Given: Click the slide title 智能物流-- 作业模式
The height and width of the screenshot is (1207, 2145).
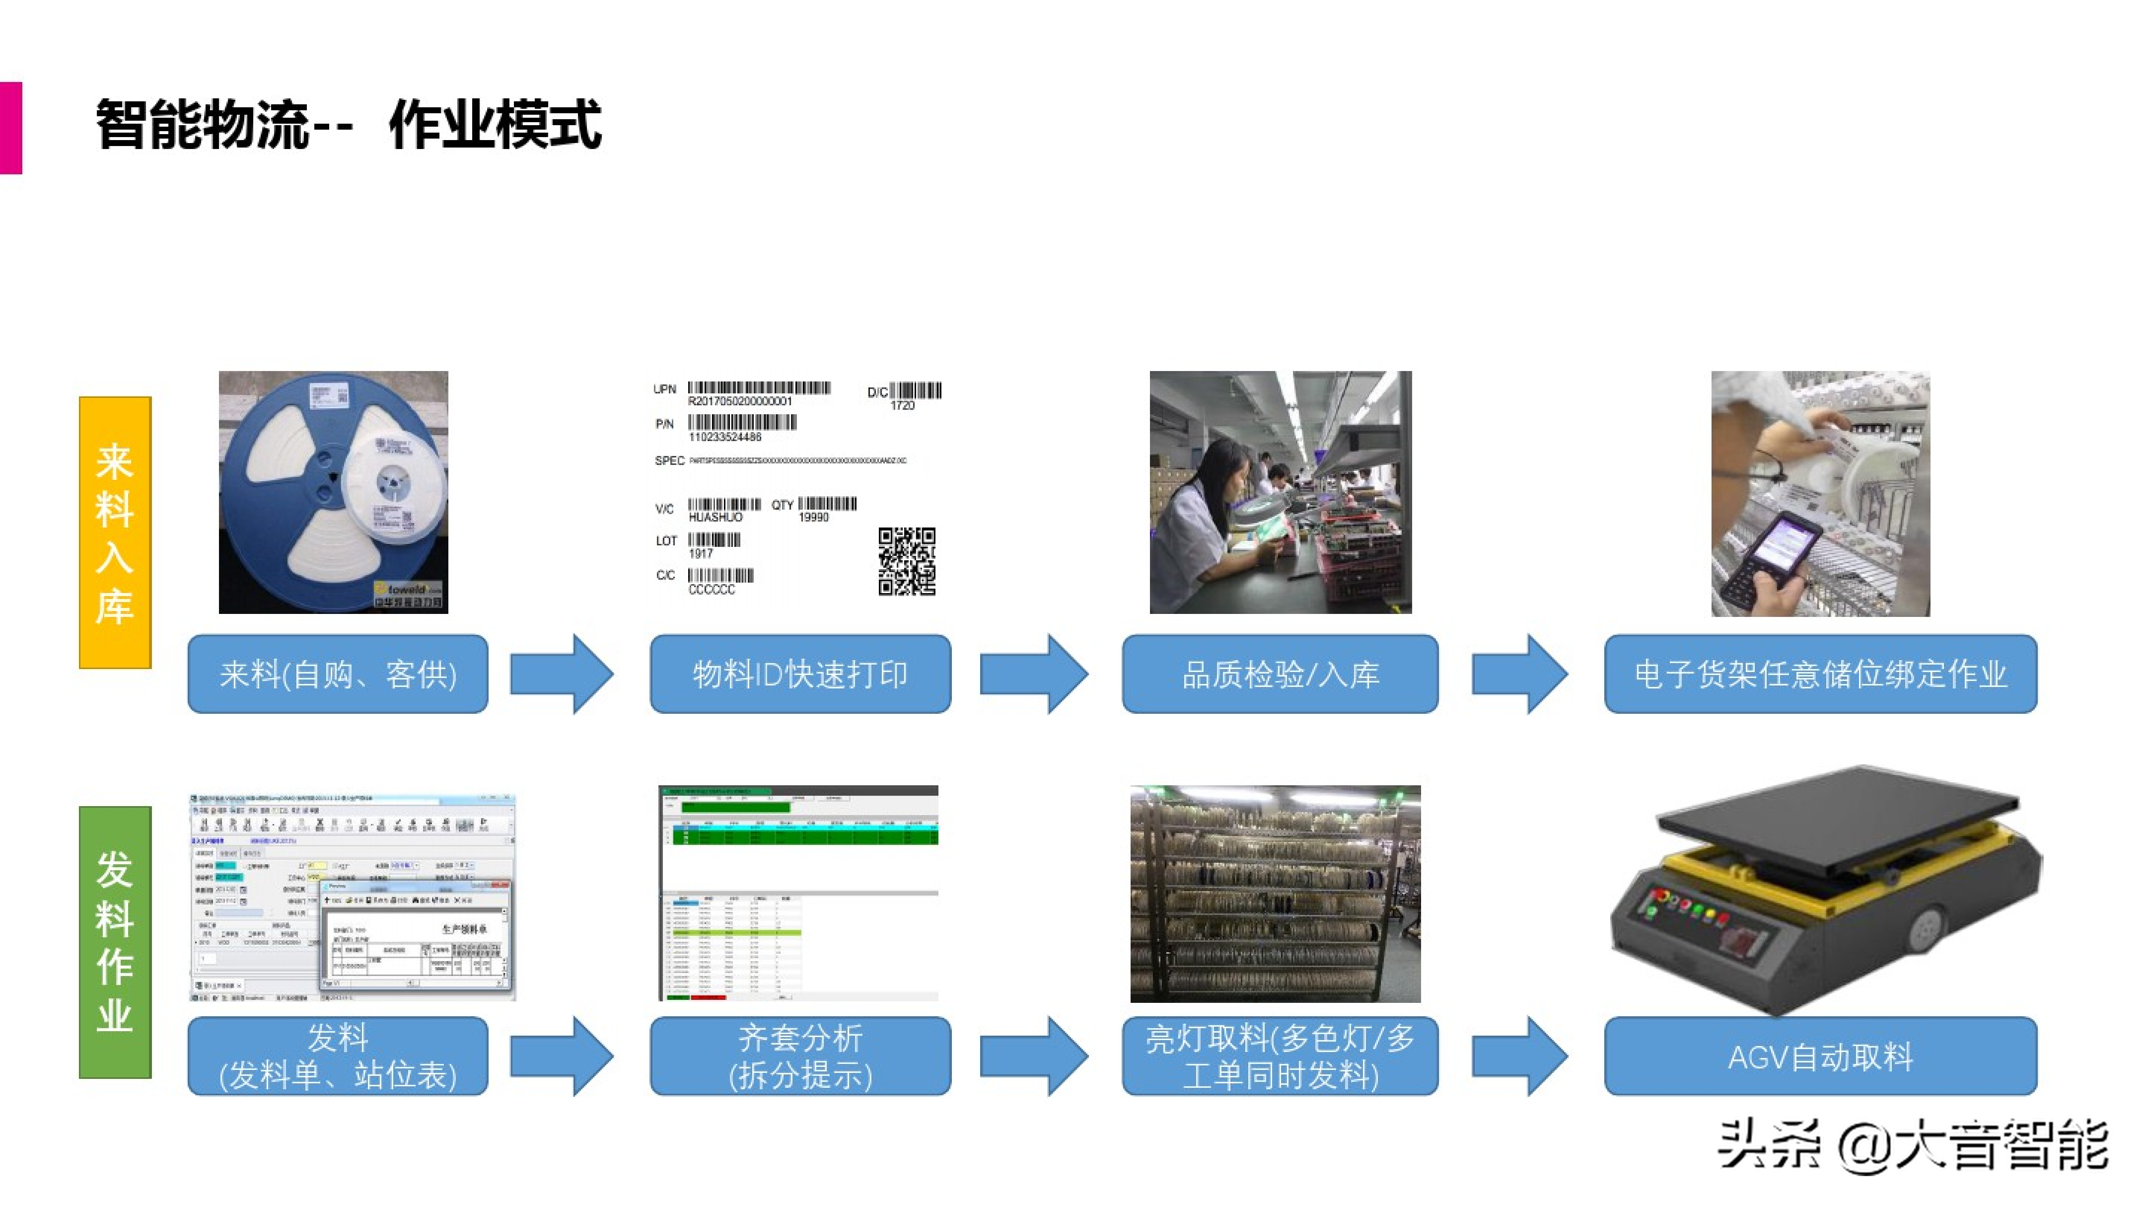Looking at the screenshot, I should pyautogui.click(x=348, y=125).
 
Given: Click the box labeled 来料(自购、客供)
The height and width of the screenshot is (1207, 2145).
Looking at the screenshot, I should pyautogui.click(x=337, y=674).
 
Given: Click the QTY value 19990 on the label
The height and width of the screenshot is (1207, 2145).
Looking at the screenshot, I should pyautogui.click(x=814, y=517).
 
